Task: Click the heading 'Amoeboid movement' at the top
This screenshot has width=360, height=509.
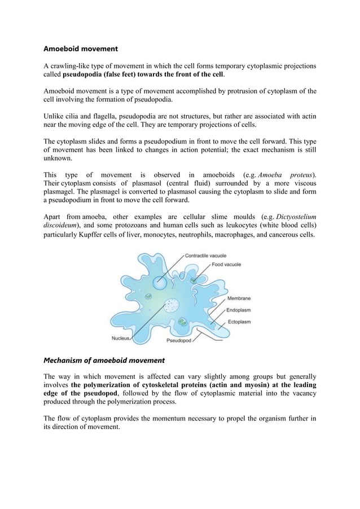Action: pos(81,49)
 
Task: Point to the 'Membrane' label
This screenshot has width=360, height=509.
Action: pos(239,298)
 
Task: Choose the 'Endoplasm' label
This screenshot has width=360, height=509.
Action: pos(239,310)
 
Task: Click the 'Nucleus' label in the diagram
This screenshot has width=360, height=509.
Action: pos(120,339)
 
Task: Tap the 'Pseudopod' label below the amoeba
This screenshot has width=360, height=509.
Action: pos(179,341)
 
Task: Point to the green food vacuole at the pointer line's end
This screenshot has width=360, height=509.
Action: pos(194,280)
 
